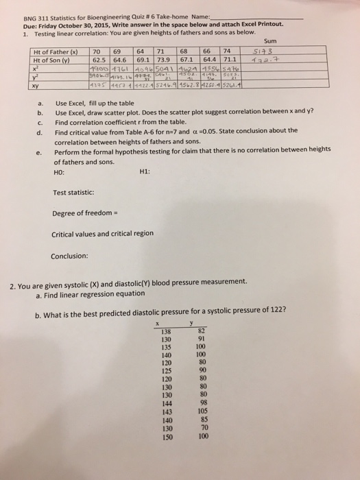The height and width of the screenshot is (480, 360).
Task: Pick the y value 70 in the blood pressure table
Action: coord(202,427)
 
